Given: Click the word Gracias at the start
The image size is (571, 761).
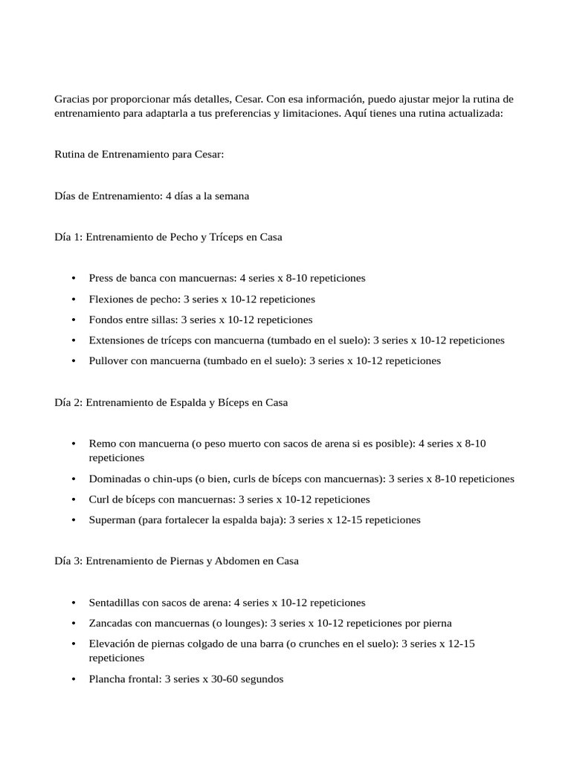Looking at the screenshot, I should (x=73, y=99).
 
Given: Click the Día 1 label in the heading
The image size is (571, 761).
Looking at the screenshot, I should (x=68, y=237).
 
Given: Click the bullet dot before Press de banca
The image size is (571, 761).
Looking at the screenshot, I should (x=74, y=279).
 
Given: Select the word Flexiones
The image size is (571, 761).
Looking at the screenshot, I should (x=110, y=299).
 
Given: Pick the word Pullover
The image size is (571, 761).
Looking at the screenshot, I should (x=109, y=360).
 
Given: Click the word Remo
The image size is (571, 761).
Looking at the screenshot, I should (x=101, y=444).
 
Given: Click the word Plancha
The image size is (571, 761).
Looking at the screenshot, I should (x=107, y=679).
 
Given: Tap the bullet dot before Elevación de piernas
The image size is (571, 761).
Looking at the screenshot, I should (x=74, y=644).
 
